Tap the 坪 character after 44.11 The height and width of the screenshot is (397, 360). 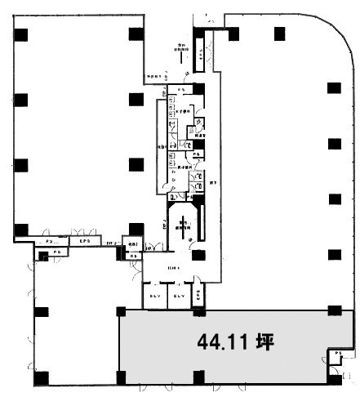point(264,341)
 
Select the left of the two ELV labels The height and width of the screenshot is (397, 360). point(155,296)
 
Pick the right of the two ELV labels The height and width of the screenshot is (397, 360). point(181,296)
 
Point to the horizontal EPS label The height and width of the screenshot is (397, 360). point(84,242)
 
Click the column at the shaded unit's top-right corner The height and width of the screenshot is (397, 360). point(333,310)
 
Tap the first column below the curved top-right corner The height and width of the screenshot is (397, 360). point(333,87)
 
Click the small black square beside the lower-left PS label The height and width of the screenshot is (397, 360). point(38,253)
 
